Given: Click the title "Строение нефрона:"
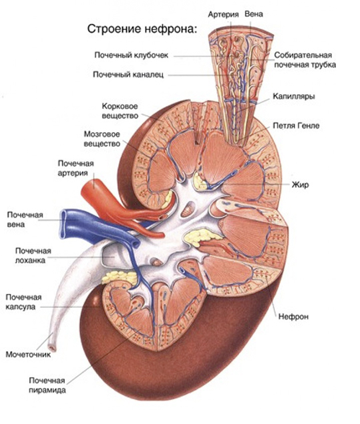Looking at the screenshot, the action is [x=142, y=29].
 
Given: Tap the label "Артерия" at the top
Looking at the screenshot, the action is [x=223, y=15].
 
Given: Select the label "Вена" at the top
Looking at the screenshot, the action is [x=254, y=14].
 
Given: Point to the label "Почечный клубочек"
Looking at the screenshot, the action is [x=131, y=55].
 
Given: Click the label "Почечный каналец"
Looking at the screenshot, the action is [x=128, y=75].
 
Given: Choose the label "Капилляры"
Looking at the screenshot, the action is [x=294, y=97].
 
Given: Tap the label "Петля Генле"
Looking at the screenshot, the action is [x=296, y=126].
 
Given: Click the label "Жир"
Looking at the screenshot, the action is [x=301, y=185].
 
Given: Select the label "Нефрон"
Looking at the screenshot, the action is [x=293, y=316].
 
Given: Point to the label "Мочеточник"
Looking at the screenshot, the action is [x=28, y=355].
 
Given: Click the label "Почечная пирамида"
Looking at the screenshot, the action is [x=47, y=385].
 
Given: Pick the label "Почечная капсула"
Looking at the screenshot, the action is [x=23, y=302].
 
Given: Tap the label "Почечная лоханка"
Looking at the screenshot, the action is [x=33, y=256].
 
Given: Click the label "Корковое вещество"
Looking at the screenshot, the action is [x=120, y=111].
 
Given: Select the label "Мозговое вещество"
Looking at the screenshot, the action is [x=102, y=139].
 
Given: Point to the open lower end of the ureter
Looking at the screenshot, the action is [x=51, y=347].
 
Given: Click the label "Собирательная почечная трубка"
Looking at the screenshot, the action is [x=305, y=60].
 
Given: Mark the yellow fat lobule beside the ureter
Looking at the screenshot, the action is [x=118, y=277].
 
